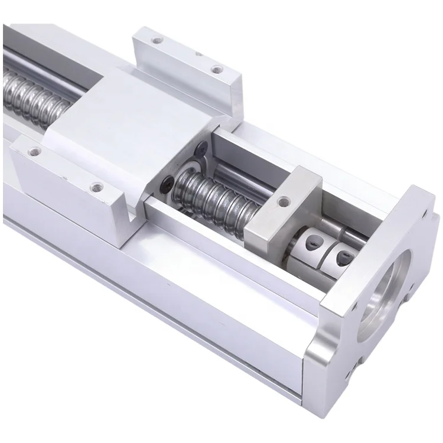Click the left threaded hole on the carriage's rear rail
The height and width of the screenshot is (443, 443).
click(156, 42)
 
